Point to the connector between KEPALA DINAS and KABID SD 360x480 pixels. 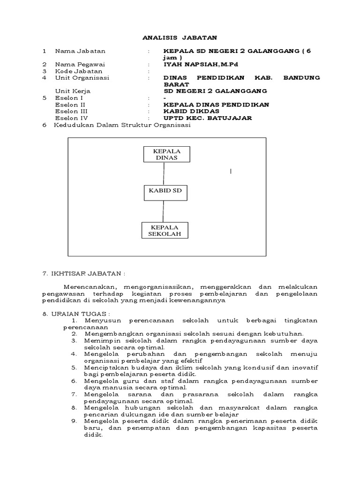(164, 174)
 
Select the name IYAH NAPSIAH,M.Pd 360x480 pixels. (203, 64)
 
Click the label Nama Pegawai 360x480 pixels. (80, 64)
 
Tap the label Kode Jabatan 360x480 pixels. (79, 71)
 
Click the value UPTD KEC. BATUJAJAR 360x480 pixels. (207, 118)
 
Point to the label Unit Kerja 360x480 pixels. (73, 91)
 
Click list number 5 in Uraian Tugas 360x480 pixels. (74, 368)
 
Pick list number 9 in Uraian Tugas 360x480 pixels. (74, 421)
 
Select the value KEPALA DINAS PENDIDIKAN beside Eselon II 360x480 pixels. (216, 105)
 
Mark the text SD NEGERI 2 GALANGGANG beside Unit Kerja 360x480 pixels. (215, 91)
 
